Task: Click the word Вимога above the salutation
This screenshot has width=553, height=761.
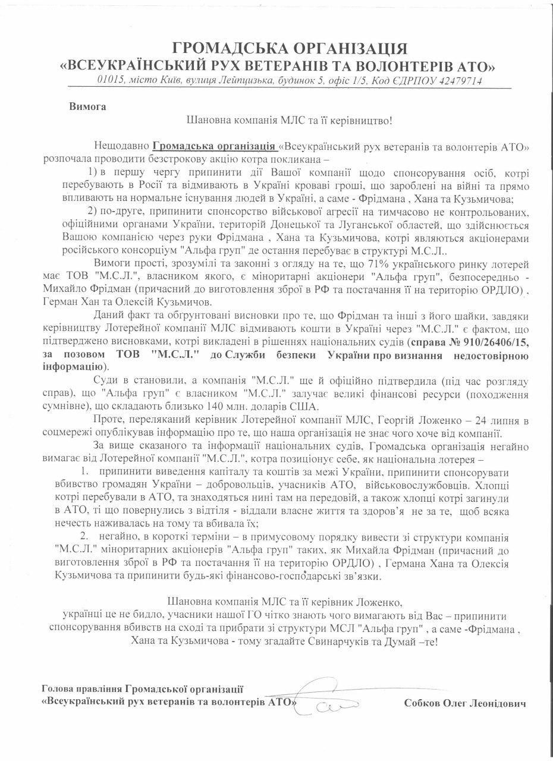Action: pos(87,108)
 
